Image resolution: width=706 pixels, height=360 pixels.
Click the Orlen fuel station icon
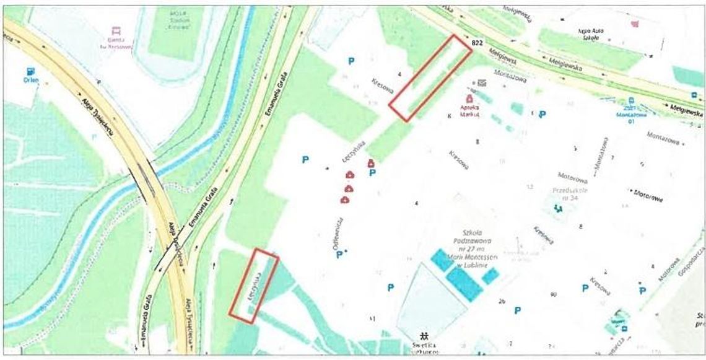[x=30, y=71]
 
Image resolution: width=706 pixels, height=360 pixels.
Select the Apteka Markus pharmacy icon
[x=469, y=98]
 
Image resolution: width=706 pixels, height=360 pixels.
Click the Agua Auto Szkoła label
[x=590, y=34]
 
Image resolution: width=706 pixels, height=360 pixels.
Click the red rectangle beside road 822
[x=430, y=77]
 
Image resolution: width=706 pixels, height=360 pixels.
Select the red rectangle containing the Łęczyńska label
[x=254, y=286]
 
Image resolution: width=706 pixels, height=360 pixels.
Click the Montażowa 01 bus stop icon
[x=630, y=101]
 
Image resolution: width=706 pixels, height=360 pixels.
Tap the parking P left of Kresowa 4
[x=351, y=61]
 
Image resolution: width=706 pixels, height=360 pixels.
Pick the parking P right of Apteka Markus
[x=542, y=114]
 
